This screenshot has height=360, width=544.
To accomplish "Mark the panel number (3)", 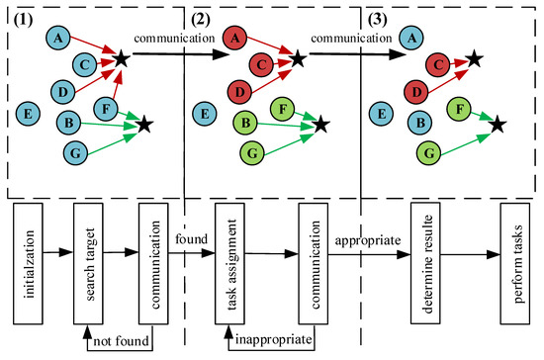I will pos(378,18).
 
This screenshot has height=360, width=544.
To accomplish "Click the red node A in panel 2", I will pos(234,38).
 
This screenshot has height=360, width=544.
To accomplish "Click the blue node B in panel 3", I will pos(419,125).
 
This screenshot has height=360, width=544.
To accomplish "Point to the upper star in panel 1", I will pos(122,59).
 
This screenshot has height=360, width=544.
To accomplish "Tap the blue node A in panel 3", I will pos(415,38).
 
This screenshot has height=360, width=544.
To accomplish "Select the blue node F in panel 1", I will pos(106,108).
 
